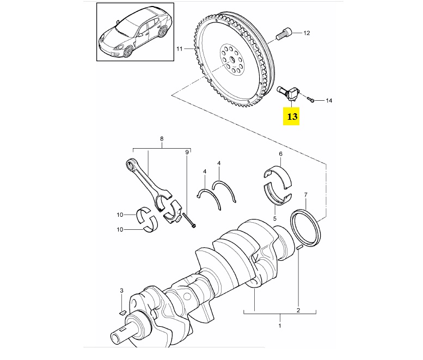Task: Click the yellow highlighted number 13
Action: (x=292, y=117)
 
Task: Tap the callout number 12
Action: (x=306, y=33)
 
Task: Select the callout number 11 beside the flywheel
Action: (x=179, y=50)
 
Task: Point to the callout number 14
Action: (x=328, y=101)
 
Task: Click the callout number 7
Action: (x=306, y=194)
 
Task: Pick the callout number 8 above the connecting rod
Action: (x=162, y=139)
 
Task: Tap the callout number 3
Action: (x=122, y=292)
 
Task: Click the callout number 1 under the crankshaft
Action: (x=279, y=326)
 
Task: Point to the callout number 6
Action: (x=281, y=154)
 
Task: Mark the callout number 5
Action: (x=275, y=218)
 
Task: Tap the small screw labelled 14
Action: (x=310, y=99)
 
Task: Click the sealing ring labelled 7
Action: (x=307, y=227)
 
